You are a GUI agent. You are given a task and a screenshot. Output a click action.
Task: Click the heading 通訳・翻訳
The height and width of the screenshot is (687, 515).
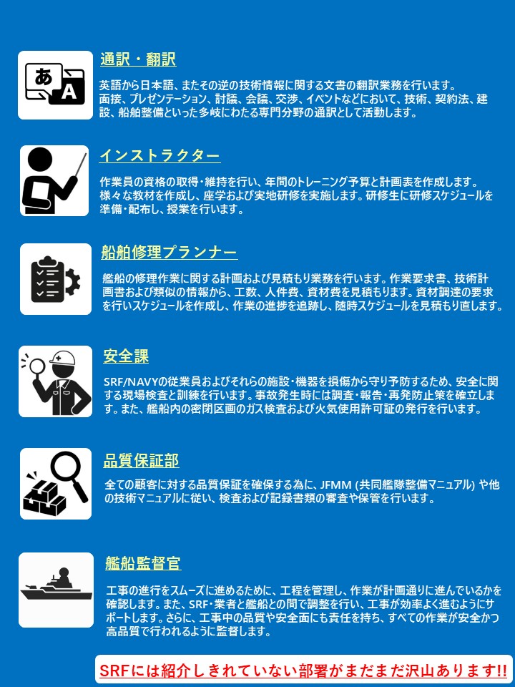pos(138,59)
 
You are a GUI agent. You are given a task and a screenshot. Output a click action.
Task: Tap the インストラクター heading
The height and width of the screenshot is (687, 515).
pos(160,156)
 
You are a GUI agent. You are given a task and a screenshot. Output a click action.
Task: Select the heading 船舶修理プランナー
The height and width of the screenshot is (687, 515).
pos(169,253)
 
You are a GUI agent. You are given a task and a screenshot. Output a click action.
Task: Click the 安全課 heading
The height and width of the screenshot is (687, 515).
pos(126,356)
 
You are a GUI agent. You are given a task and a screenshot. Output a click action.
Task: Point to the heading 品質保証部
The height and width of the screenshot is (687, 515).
pos(141,460)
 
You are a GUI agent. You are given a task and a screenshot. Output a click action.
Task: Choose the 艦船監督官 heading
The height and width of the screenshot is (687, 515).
pos(143,563)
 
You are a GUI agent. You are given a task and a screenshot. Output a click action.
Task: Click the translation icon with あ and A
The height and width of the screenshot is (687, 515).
pos(55,85)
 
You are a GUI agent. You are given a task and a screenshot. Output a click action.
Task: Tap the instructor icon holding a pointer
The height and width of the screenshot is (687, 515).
pos(54,180)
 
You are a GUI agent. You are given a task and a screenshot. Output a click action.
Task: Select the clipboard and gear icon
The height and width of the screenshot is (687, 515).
pos(55,279)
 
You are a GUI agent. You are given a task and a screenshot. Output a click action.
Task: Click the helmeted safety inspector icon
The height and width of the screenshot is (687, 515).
pos(55,381)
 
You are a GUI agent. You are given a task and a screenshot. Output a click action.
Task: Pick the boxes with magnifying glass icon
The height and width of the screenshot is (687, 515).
pos(55,484)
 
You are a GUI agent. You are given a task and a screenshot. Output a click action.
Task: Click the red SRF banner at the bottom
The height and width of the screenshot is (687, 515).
pos(303,671)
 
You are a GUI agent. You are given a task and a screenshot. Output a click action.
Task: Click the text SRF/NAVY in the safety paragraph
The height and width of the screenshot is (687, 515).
pos(134,381)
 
